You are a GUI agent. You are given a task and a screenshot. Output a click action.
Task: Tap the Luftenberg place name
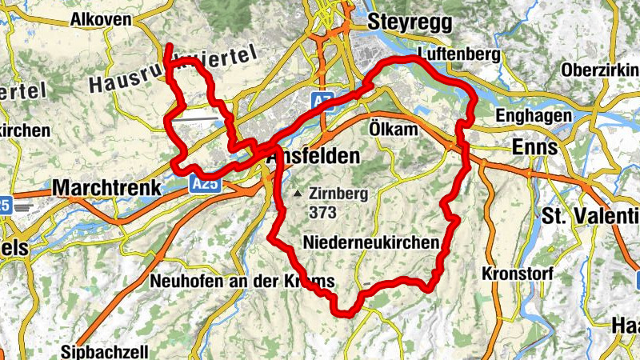coord(458,54)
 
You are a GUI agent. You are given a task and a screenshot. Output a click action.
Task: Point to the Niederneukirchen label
coord(372,242)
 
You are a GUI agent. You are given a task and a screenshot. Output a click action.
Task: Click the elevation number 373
coord(325,213)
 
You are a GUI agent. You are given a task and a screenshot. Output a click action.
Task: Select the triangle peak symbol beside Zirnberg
coord(298,194)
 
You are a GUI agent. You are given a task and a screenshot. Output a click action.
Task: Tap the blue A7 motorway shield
coord(322,100)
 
